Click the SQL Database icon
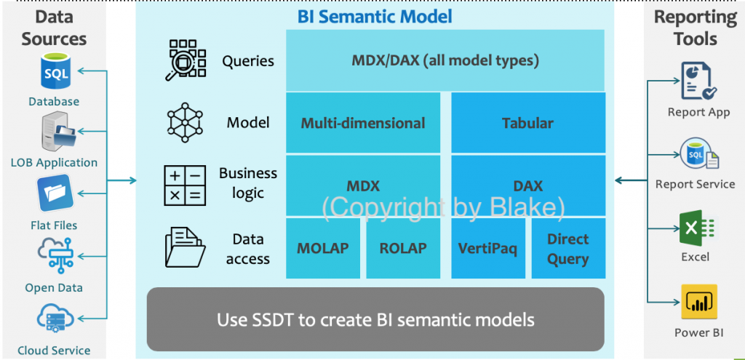[55, 72]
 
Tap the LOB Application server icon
[57, 130]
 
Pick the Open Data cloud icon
[56, 255]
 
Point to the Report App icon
[698, 81]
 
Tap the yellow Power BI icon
[699, 302]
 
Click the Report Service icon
[699, 154]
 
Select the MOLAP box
[323, 248]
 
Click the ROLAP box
[403, 248]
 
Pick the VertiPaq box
[488, 248]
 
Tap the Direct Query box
[568, 248]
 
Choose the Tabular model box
[528, 122]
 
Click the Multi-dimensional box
[363, 122]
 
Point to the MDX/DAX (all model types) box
[445, 60]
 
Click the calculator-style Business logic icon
[185, 185]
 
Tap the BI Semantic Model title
[375, 17]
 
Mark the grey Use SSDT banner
[375, 319]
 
